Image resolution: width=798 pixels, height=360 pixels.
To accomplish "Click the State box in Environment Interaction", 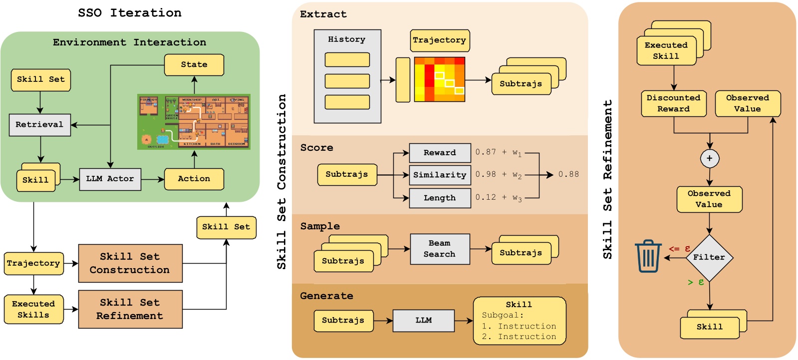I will [194, 65].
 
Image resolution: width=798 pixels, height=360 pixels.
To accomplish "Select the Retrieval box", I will [39, 125].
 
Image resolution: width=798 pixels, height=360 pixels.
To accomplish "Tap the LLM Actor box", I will [110, 179].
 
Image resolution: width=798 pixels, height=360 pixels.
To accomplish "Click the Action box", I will [194, 179].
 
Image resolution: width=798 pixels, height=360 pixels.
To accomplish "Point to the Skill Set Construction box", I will [130, 263].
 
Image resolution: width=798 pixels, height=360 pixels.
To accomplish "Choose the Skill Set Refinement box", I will [130, 310].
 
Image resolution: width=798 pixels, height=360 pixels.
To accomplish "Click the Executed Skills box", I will [33, 310].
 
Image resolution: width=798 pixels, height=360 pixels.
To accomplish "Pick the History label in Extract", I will [347, 39].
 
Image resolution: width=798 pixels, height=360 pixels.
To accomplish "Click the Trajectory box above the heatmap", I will [440, 40].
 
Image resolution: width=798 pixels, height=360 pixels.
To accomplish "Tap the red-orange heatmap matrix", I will [440, 79].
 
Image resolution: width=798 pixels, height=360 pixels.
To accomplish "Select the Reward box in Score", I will [440, 153].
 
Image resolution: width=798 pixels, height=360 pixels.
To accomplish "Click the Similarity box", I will [440, 175].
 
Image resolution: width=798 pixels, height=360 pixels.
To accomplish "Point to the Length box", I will [440, 198].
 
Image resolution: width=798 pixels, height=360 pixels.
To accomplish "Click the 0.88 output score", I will [568, 174].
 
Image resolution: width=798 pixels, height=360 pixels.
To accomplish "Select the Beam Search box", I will [440, 249].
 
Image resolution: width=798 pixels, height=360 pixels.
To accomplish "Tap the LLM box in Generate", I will [424, 321].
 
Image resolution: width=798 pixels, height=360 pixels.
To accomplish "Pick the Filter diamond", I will [709, 258].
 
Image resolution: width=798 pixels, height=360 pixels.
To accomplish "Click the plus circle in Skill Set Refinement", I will [709, 159].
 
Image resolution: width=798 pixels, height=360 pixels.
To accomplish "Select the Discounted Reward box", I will [674, 103].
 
